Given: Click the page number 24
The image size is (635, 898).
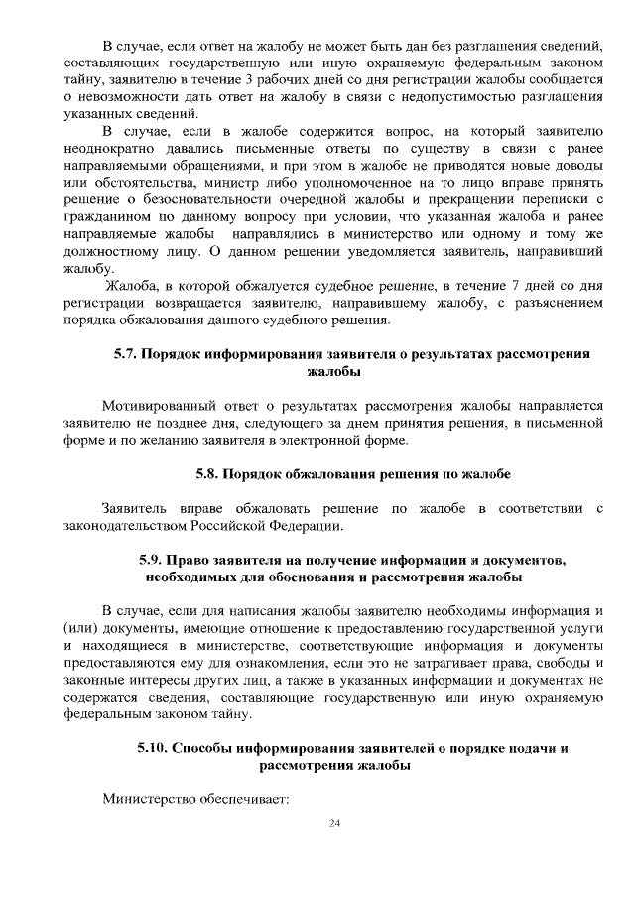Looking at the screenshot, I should (x=333, y=824).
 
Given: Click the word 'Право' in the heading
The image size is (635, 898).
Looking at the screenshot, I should (x=194, y=560).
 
